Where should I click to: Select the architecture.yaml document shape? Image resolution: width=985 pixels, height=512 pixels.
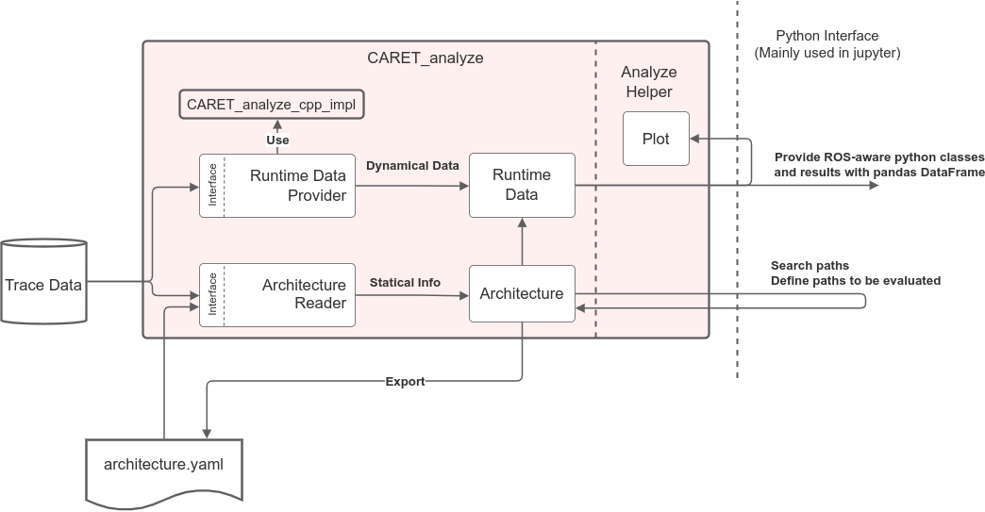tap(164, 467)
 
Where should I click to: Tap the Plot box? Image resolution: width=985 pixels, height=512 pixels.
tap(656, 139)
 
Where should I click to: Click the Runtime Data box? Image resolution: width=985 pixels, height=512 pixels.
tap(522, 185)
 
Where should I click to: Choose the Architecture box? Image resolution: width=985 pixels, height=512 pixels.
tap(522, 293)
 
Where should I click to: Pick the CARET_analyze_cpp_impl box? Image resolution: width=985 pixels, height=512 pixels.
tap(272, 105)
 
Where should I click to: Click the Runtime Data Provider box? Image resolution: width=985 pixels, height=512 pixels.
tap(277, 185)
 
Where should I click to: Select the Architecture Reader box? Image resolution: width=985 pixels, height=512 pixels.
tap(277, 293)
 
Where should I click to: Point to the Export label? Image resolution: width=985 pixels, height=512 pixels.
tap(405, 382)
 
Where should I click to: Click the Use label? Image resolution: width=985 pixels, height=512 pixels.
tap(277, 140)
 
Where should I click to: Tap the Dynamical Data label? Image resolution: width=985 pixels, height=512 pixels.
tap(412, 165)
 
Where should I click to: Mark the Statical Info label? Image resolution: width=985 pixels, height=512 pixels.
tap(405, 282)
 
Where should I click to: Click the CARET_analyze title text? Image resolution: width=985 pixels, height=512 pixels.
tap(425, 58)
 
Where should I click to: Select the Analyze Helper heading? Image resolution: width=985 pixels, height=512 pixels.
tap(649, 82)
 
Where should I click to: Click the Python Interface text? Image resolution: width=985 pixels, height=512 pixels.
tap(826, 36)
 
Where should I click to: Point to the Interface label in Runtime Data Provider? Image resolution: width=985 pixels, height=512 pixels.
tap(212, 185)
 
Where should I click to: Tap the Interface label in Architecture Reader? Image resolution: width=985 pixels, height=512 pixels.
tap(212, 293)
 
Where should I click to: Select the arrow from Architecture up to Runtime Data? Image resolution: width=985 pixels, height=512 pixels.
tap(522, 240)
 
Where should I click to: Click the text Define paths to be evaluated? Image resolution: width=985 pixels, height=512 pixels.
tap(855, 281)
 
